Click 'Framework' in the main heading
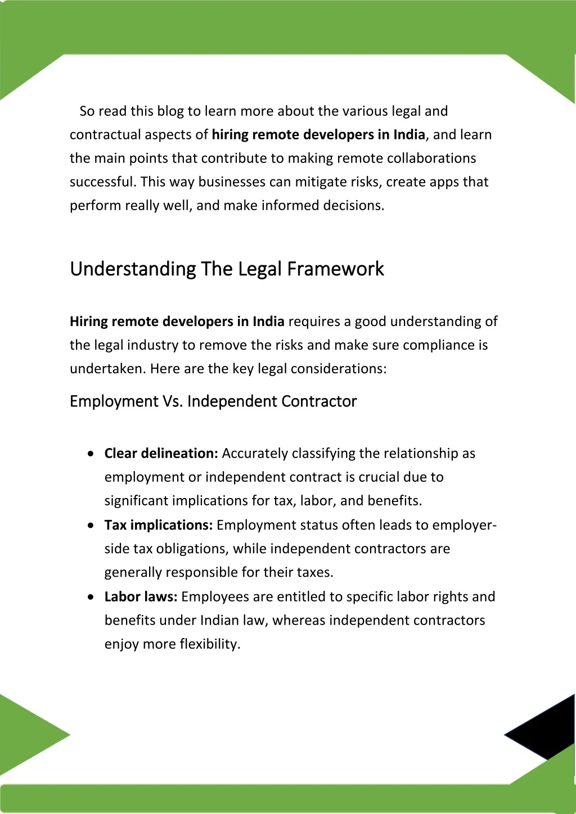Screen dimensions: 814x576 click(x=336, y=269)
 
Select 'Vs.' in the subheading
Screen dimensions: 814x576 click(x=173, y=401)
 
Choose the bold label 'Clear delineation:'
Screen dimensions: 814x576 click(x=161, y=454)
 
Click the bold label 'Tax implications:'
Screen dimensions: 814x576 click(x=158, y=525)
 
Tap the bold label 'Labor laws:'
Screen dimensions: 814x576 click(x=141, y=596)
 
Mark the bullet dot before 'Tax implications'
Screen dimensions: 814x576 click(x=91, y=526)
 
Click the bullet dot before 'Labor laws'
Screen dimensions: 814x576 click(x=91, y=597)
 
